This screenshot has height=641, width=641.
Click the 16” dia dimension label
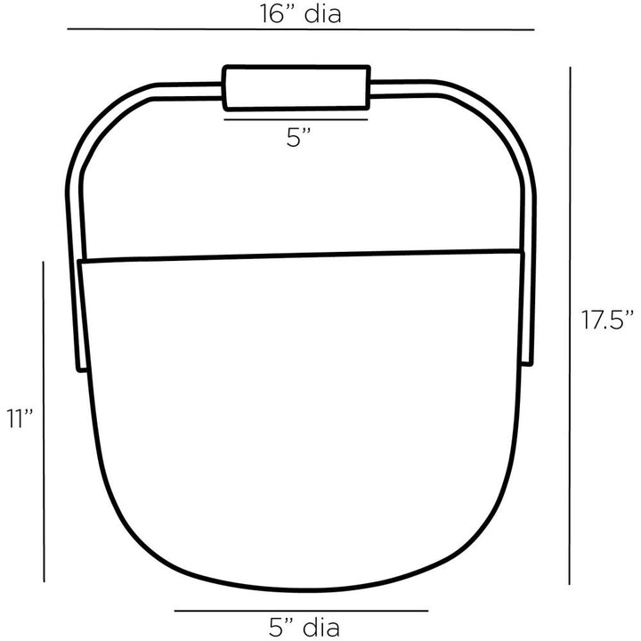301,14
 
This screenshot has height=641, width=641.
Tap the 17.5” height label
607,320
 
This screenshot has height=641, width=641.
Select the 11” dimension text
20,418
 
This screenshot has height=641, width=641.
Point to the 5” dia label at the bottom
304,627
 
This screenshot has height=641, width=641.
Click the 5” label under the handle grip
299,137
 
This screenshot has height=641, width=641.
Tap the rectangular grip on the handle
296,87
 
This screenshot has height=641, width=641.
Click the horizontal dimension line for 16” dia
301,29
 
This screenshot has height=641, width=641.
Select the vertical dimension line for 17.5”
570,326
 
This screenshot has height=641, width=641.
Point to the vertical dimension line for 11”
44,421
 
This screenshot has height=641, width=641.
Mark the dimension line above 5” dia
301,611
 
